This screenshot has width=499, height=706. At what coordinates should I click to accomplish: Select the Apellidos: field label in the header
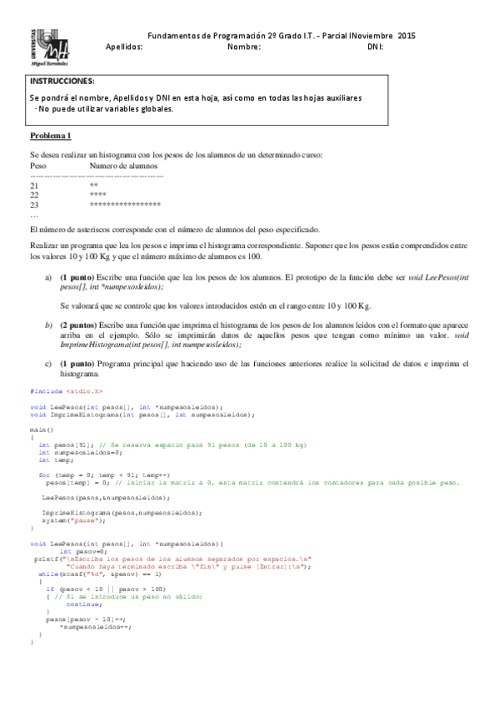click(125, 47)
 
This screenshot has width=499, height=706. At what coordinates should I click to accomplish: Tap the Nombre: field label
click(244, 47)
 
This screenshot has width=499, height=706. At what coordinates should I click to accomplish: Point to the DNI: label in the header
click(375, 47)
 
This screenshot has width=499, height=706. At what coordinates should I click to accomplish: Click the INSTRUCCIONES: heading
click(62, 82)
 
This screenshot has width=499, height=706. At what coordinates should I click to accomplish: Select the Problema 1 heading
click(51, 136)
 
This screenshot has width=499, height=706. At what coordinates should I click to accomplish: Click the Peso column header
click(37, 166)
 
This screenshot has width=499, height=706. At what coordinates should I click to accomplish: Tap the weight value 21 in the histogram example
click(34, 185)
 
